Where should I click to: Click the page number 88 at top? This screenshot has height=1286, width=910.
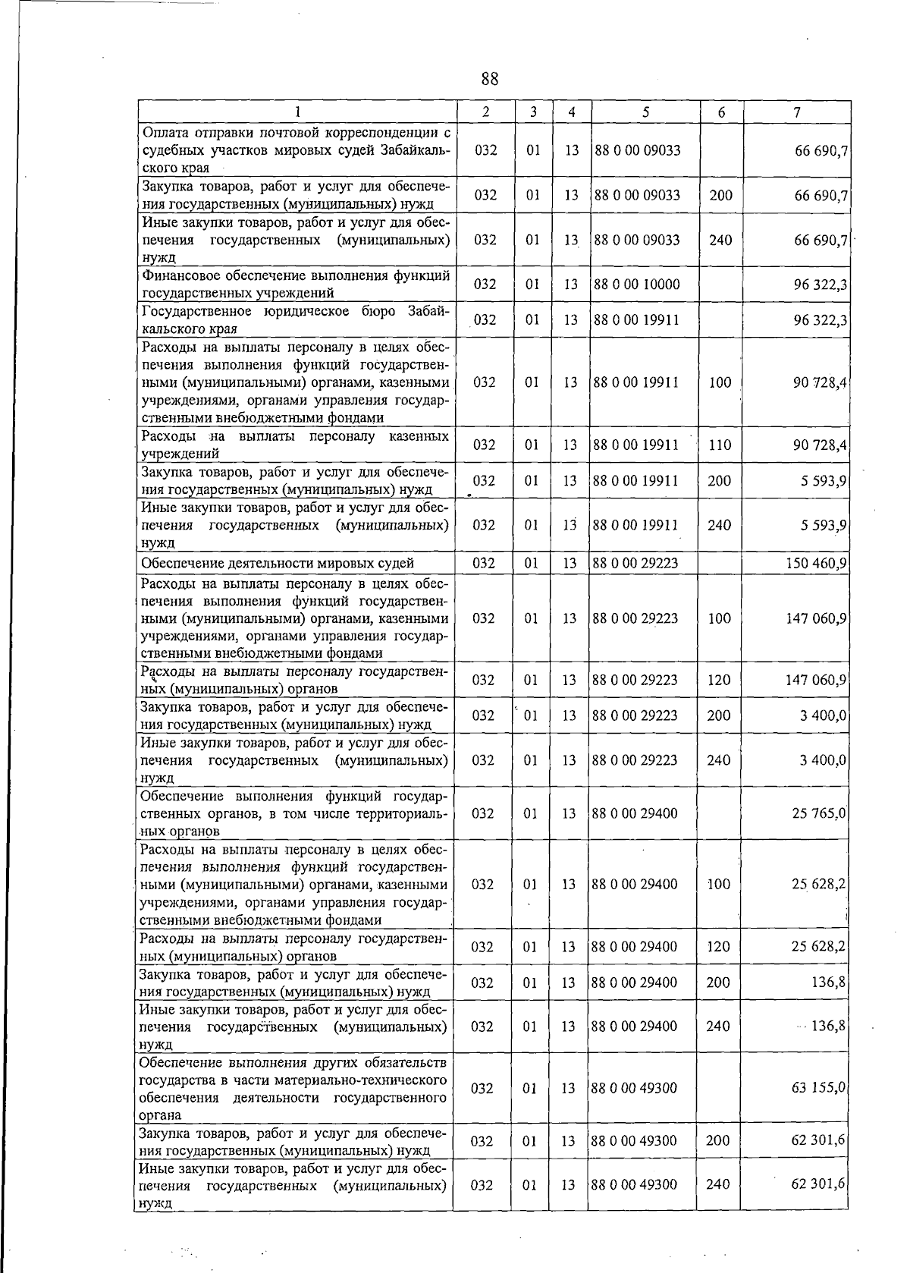coord(489,79)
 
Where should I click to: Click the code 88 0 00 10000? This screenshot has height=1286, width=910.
coord(636,285)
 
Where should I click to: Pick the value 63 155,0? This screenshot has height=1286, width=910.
coord(819,1088)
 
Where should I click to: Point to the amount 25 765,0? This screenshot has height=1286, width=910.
coord(819,813)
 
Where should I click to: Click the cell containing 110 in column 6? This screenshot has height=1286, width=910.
coord(720,445)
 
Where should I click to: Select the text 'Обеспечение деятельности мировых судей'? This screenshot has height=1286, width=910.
coord(278,563)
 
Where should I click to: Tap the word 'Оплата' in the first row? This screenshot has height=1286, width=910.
coord(162,134)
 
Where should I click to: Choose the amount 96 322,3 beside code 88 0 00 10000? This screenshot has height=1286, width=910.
coord(820,285)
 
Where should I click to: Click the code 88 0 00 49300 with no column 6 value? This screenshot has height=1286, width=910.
coord(634,1088)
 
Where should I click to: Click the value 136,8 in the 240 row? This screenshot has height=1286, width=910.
coord(829,1027)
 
